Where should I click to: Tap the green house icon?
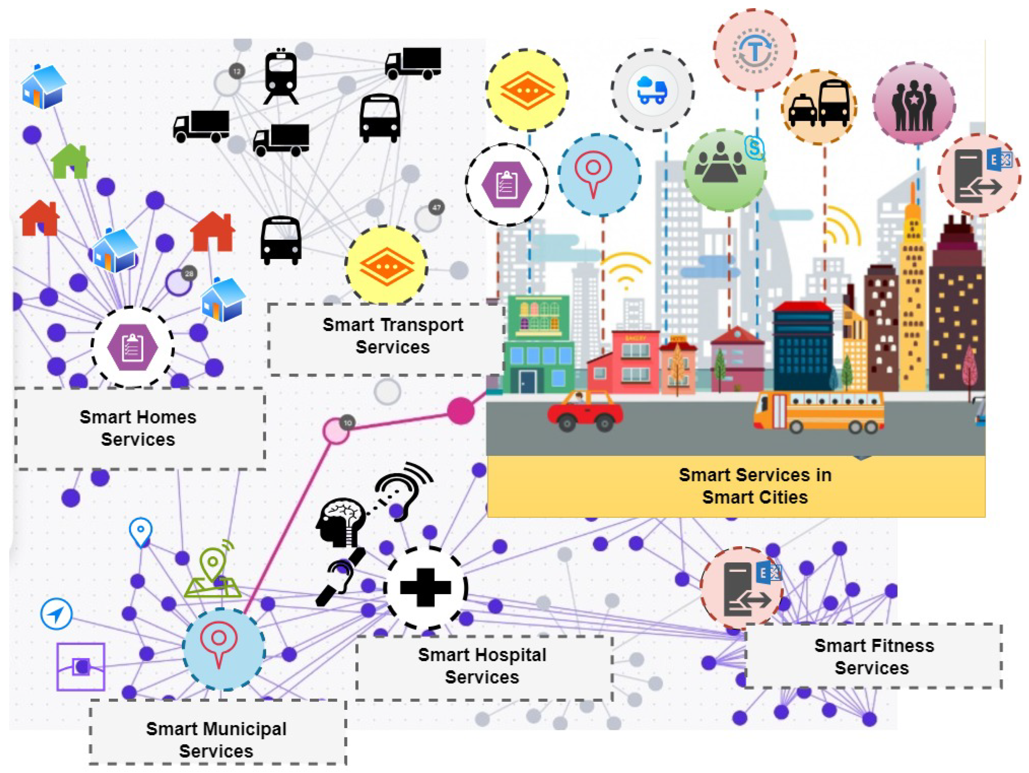pos(70,161)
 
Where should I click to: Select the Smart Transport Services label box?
pos(386,340)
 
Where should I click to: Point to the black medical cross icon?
pos(425,588)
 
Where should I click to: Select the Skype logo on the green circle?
pos(754,148)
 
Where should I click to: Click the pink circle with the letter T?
pos(754,50)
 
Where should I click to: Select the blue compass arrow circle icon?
pos(56,614)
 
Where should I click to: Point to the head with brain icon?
pos(340,522)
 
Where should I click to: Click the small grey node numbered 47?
pos(436,207)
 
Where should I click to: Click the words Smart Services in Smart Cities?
pos(754,486)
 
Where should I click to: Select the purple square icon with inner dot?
pos(81,667)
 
